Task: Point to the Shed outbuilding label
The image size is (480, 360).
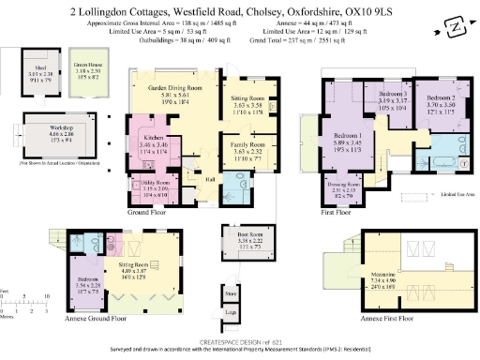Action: (x=40, y=63)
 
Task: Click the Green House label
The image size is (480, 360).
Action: (x=89, y=65)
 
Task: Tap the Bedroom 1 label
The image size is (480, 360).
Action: (x=347, y=141)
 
